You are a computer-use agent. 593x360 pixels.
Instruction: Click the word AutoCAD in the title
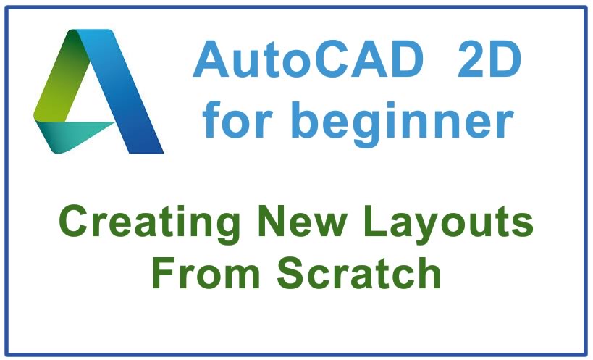(308, 59)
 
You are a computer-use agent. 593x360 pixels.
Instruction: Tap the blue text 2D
(489, 59)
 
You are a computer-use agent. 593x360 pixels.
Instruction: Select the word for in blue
(239, 120)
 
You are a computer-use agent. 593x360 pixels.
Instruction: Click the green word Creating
(150, 224)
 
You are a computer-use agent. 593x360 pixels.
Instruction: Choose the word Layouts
(448, 224)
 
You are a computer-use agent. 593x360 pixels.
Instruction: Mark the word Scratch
(359, 272)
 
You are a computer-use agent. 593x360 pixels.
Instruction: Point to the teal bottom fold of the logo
(72, 135)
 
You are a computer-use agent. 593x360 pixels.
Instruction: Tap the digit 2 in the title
(471, 59)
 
